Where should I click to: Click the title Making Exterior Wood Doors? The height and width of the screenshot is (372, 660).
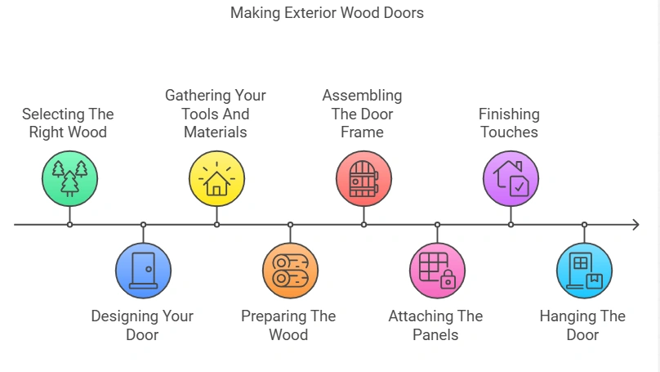(327, 13)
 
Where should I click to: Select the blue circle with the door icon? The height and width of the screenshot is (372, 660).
(143, 271)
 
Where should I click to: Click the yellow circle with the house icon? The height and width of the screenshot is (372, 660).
(216, 177)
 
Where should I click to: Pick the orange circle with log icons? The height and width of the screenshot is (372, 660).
(290, 271)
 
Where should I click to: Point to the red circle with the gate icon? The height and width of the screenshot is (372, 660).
(363, 177)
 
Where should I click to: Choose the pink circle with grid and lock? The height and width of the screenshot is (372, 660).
(437, 271)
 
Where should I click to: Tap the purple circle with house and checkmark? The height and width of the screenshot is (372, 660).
(511, 177)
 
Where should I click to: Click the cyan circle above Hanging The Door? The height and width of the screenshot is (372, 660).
(584, 271)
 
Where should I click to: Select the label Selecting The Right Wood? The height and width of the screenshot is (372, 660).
(68, 123)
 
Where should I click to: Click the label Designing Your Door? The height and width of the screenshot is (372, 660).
(142, 325)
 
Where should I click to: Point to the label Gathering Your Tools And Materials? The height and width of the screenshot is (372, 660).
(216, 114)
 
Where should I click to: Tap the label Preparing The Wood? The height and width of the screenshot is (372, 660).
(288, 325)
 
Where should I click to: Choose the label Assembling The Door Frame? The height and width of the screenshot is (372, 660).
(362, 114)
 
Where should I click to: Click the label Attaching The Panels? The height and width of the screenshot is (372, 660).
(435, 325)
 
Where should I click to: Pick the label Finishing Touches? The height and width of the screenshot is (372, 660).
(509, 123)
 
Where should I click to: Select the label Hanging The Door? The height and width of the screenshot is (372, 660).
(582, 325)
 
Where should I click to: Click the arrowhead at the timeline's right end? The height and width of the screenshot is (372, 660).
(635, 224)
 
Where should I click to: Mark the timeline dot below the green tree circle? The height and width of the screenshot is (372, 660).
(69, 224)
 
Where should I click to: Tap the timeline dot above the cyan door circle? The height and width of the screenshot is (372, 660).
(584, 224)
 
